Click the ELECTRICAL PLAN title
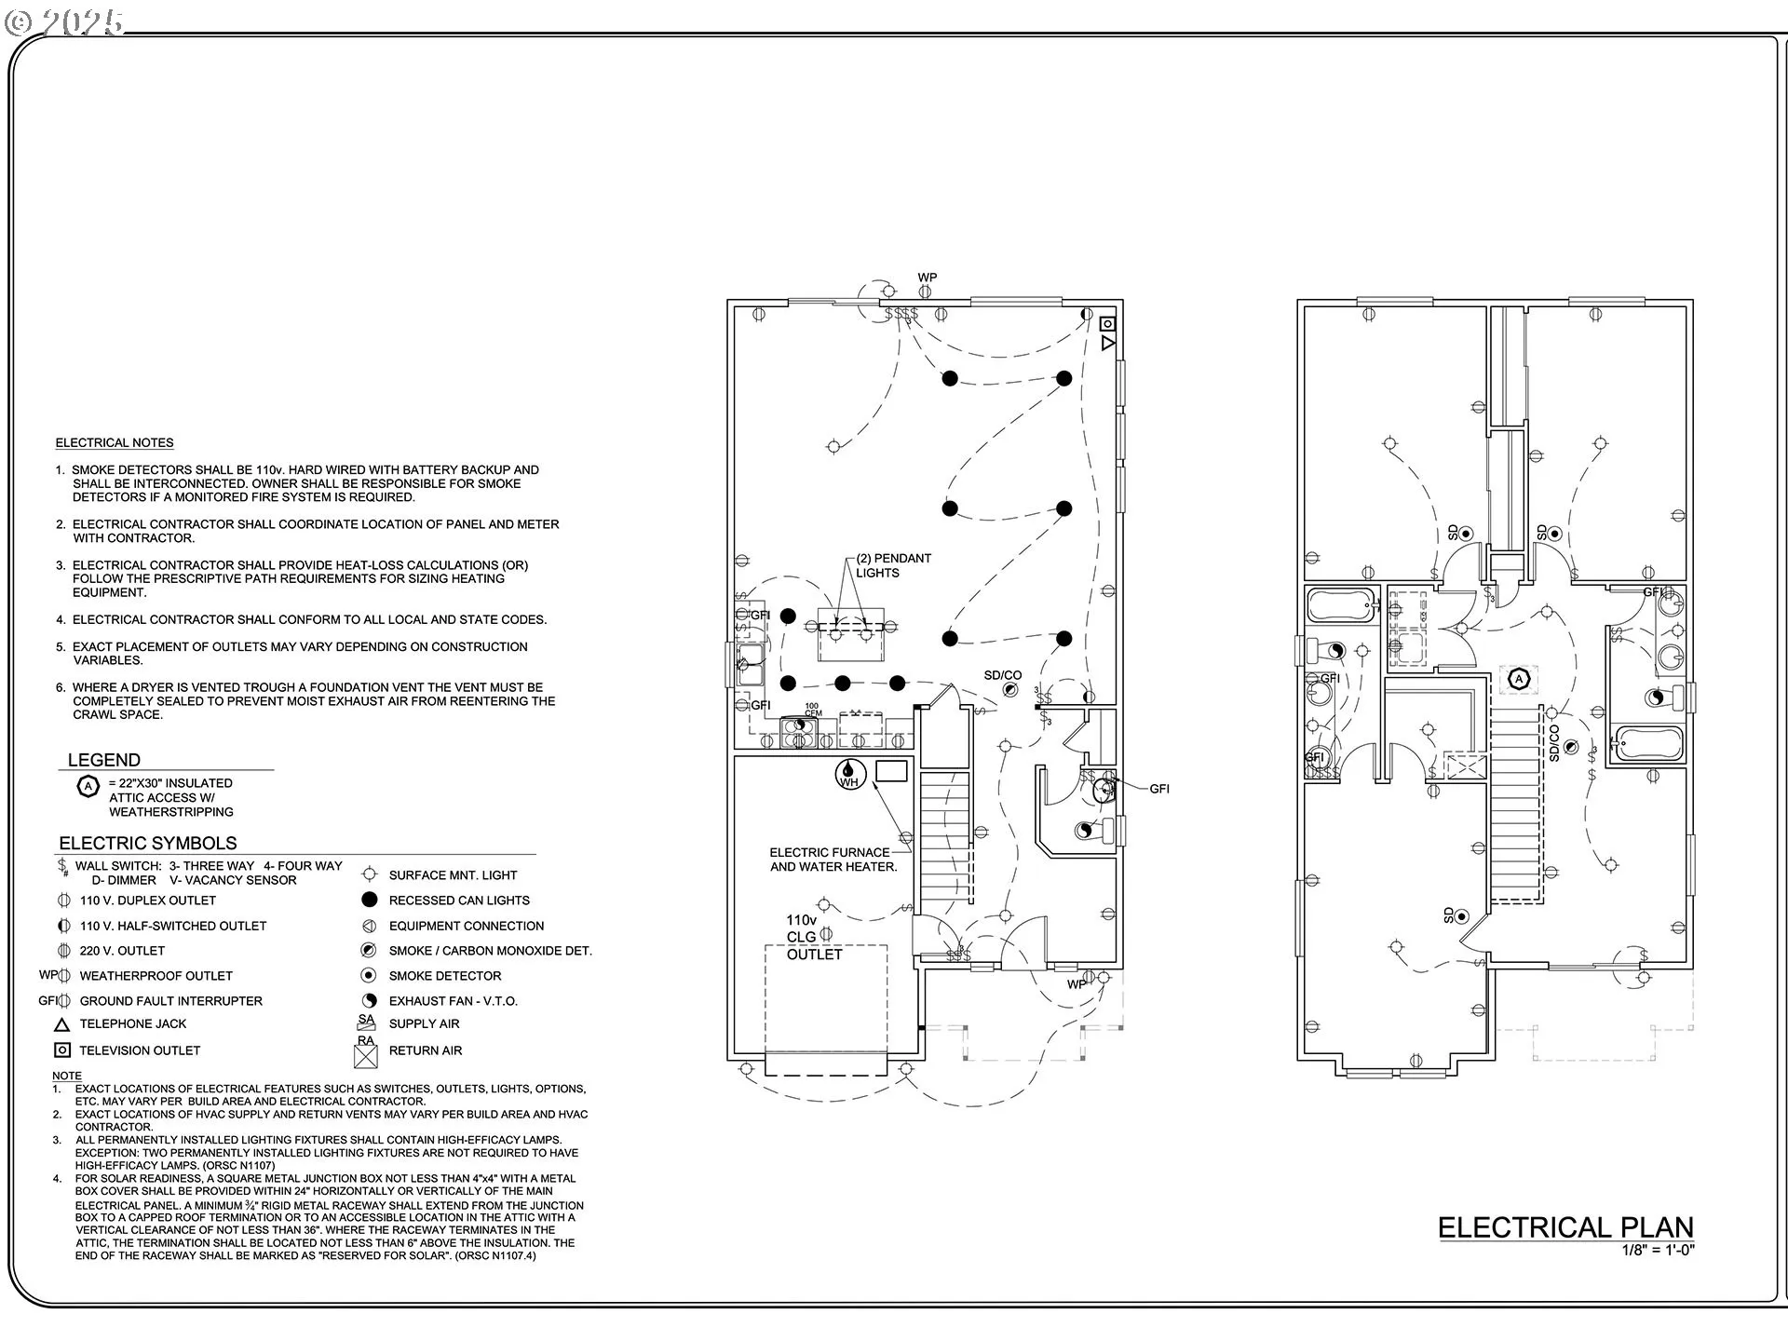click(x=1564, y=1227)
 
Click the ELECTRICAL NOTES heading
click(x=115, y=443)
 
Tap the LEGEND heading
click(x=104, y=760)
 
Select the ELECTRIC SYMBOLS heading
click(x=148, y=844)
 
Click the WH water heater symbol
click(x=849, y=774)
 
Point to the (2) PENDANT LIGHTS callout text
click(x=892, y=565)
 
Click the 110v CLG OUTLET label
click(x=813, y=937)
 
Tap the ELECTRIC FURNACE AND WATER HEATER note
click(x=833, y=860)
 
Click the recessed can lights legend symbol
click(x=370, y=900)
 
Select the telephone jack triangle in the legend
click(x=62, y=1024)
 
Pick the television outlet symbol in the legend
click(x=62, y=1050)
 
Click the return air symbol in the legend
click(x=366, y=1055)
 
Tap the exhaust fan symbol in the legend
click(x=370, y=1001)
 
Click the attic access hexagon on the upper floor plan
click(x=1519, y=679)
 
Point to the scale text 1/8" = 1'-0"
click(x=1658, y=1251)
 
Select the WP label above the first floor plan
click(x=927, y=278)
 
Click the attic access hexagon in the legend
click(x=88, y=787)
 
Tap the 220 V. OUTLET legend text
click(x=122, y=951)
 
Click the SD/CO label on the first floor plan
click(x=1003, y=675)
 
